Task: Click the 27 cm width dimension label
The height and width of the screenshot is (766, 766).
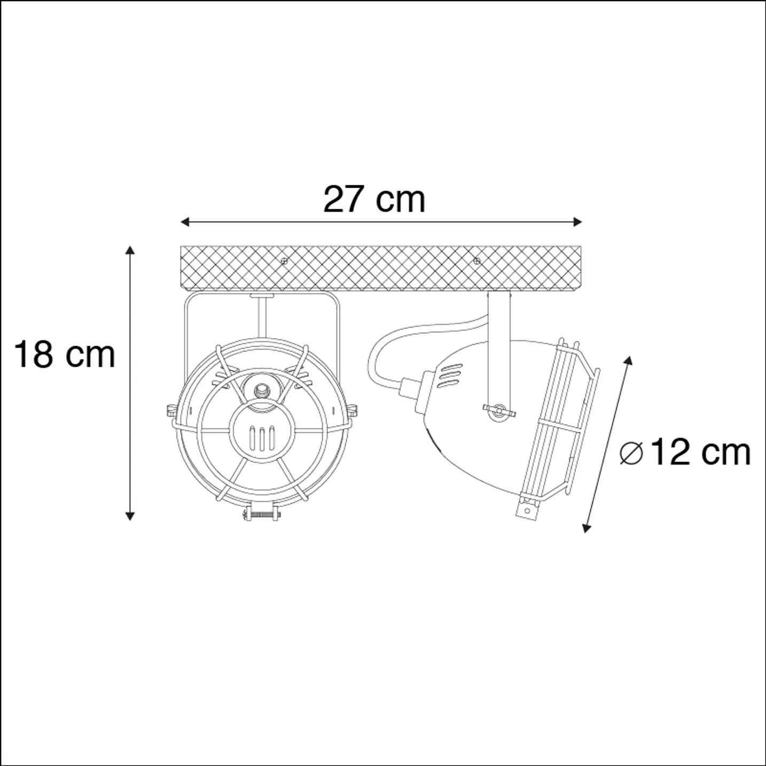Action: pos(374,200)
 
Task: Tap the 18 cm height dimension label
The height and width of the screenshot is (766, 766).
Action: pos(65,355)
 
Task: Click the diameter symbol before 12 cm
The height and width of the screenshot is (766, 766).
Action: pos(631,454)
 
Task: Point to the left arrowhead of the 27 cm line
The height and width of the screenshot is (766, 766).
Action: pos(184,222)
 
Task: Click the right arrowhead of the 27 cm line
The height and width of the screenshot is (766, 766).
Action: pos(577,222)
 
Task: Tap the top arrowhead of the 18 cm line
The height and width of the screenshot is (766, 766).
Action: pos(130,251)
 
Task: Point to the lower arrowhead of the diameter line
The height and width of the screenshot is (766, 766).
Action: pos(586,528)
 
